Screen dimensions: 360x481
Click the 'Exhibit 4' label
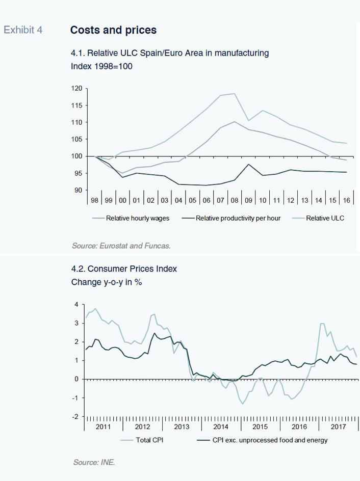(23, 30)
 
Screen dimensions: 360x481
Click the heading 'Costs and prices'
(113, 30)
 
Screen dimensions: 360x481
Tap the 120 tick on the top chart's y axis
(76, 88)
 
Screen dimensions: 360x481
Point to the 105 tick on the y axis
(76, 139)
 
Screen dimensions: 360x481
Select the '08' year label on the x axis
(235, 200)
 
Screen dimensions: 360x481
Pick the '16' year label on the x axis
(347, 200)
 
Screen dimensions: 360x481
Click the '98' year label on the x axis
(94, 200)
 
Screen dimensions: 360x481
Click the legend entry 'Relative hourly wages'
(138, 218)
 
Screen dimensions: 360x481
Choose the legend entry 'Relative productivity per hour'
(238, 218)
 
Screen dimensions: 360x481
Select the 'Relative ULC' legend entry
(325, 218)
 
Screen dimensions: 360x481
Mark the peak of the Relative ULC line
(235, 94)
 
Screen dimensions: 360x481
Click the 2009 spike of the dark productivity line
(249, 165)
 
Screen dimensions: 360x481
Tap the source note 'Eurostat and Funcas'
(135, 246)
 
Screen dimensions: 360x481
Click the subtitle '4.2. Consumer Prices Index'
(124, 269)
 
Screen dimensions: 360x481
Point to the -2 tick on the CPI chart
(75, 417)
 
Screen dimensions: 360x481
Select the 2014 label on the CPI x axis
(221, 426)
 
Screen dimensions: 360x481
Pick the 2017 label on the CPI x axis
(338, 426)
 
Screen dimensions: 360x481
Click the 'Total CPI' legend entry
(149, 440)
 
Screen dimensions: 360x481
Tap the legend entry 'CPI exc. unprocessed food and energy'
(270, 440)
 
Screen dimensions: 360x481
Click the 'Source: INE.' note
(94, 462)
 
